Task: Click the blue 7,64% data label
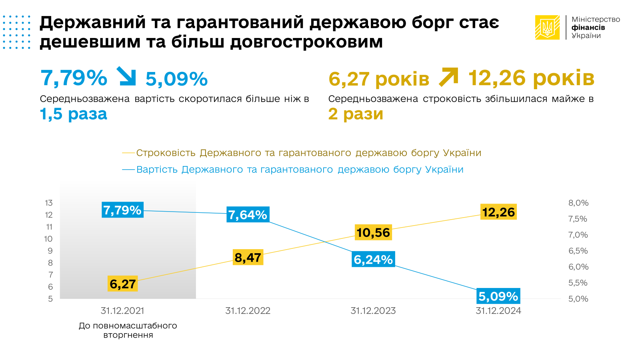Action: [x=248, y=215]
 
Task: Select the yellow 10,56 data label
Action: [x=373, y=232]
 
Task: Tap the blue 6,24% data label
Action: [x=373, y=260]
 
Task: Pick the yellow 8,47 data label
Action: [x=248, y=258]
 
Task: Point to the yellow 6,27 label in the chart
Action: [x=123, y=284]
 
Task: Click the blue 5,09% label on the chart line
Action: [x=498, y=296]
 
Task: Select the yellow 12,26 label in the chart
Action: [x=498, y=212]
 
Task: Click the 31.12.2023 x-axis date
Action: [x=373, y=311]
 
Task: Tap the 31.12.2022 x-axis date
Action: [x=248, y=311]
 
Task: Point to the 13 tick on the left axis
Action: [x=49, y=203]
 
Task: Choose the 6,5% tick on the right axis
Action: [x=578, y=251]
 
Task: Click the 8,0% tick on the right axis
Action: [x=578, y=203]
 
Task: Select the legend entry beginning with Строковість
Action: [x=308, y=153]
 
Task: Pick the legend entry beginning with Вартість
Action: [x=299, y=170]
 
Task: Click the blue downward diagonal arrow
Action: [x=126, y=76]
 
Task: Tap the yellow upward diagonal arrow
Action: [x=448, y=77]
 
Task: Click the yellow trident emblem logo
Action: [x=547, y=27]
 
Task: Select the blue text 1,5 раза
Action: [x=74, y=114]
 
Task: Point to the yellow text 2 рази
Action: [x=356, y=114]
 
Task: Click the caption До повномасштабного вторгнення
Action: [x=128, y=330]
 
